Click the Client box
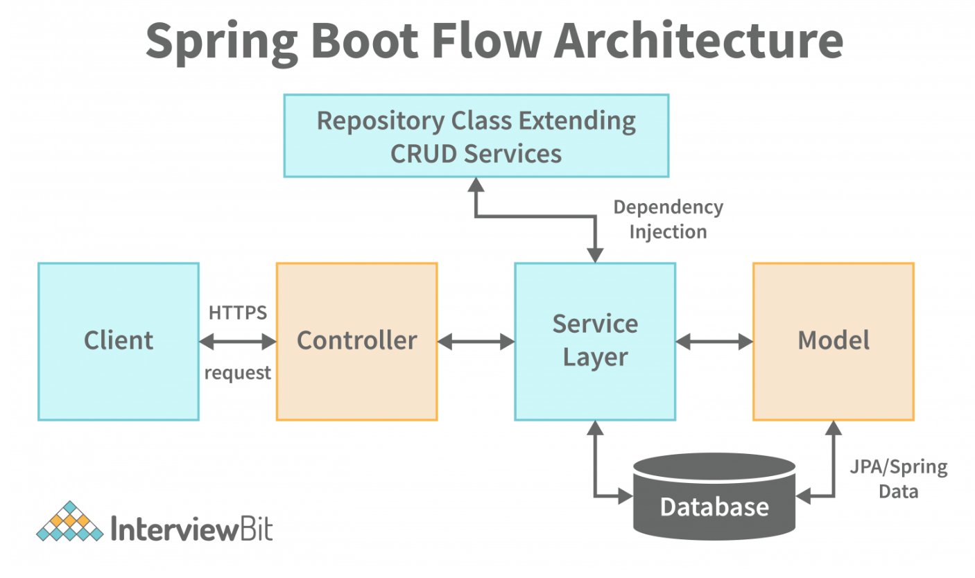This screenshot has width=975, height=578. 118,341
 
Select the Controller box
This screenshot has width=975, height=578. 356,341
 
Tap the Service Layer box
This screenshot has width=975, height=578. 594,341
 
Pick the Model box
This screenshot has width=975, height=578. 833,341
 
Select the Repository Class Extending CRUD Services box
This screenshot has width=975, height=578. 476,136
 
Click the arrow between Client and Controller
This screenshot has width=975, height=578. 237,341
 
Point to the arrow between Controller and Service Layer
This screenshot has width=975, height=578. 476,341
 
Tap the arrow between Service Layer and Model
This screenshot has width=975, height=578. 714,341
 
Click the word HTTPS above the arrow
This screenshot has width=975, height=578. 237,313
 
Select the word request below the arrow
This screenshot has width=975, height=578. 237,373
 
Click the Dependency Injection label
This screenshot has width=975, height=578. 668,219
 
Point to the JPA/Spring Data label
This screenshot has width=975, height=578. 899,479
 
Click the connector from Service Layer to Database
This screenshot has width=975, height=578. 595,464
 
